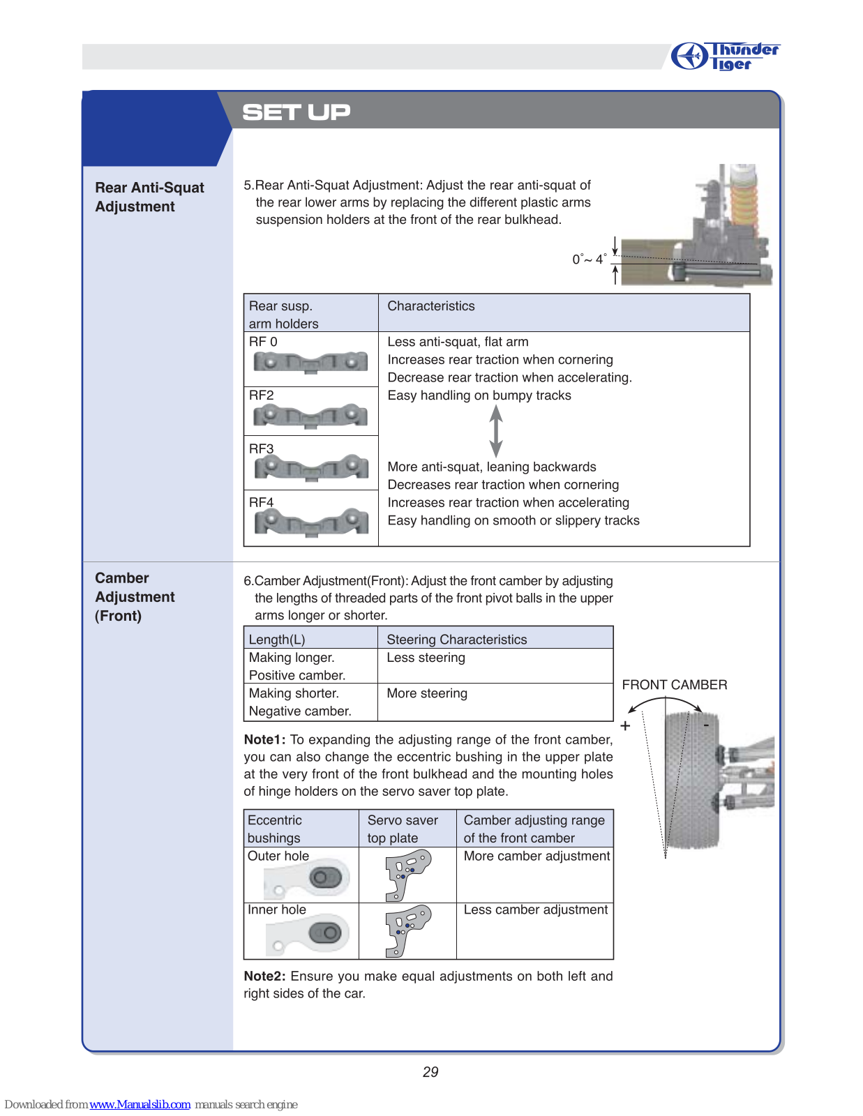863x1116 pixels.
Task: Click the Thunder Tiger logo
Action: point(725,56)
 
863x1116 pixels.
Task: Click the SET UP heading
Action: point(296,112)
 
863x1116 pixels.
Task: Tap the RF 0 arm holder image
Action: point(310,362)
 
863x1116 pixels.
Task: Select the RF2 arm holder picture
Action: point(310,416)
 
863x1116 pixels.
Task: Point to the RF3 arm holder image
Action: point(311,468)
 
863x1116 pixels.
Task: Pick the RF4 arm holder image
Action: point(311,522)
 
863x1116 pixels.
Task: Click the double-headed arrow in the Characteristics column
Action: point(496,431)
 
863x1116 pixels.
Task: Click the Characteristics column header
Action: point(431,306)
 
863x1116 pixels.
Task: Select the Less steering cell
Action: point(426,658)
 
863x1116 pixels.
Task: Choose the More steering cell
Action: point(427,693)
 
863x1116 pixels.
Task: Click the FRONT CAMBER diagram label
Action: point(674,685)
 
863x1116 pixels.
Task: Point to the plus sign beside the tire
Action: point(625,726)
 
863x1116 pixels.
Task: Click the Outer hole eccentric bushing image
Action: point(307,880)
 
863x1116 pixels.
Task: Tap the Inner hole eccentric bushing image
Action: point(307,935)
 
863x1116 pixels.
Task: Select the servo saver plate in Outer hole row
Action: point(407,875)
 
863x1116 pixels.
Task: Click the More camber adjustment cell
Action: point(536,856)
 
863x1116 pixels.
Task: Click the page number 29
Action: point(430,1072)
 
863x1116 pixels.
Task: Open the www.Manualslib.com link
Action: point(140,1104)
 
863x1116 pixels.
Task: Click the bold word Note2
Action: point(264,976)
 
